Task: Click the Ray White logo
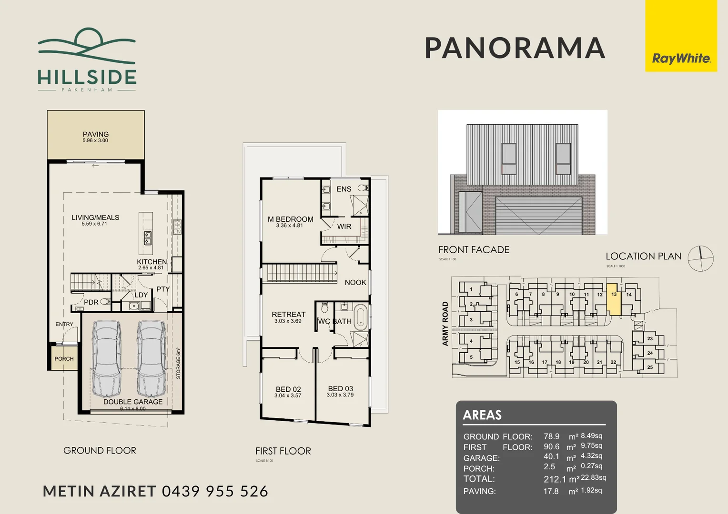tap(681, 59)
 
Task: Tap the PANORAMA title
tap(515, 48)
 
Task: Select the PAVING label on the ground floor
tap(96, 135)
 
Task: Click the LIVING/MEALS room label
tap(95, 218)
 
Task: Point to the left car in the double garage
tap(106, 358)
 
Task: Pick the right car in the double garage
tap(152, 358)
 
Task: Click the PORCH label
tap(64, 359)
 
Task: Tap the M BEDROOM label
tap(290, 219)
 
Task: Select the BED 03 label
tap(340, 389)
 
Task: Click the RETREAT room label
tap(288, 315)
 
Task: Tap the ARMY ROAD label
tap(445, 324)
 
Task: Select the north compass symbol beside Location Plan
tap(700, 259)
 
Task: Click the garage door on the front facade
tap(538, 216)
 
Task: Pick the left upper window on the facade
tap(509, 158)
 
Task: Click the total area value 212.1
tap(555, 479)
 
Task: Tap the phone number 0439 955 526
tap(215, 491)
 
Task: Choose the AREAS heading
tap(482, 415)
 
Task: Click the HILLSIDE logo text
tap(87, 77)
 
